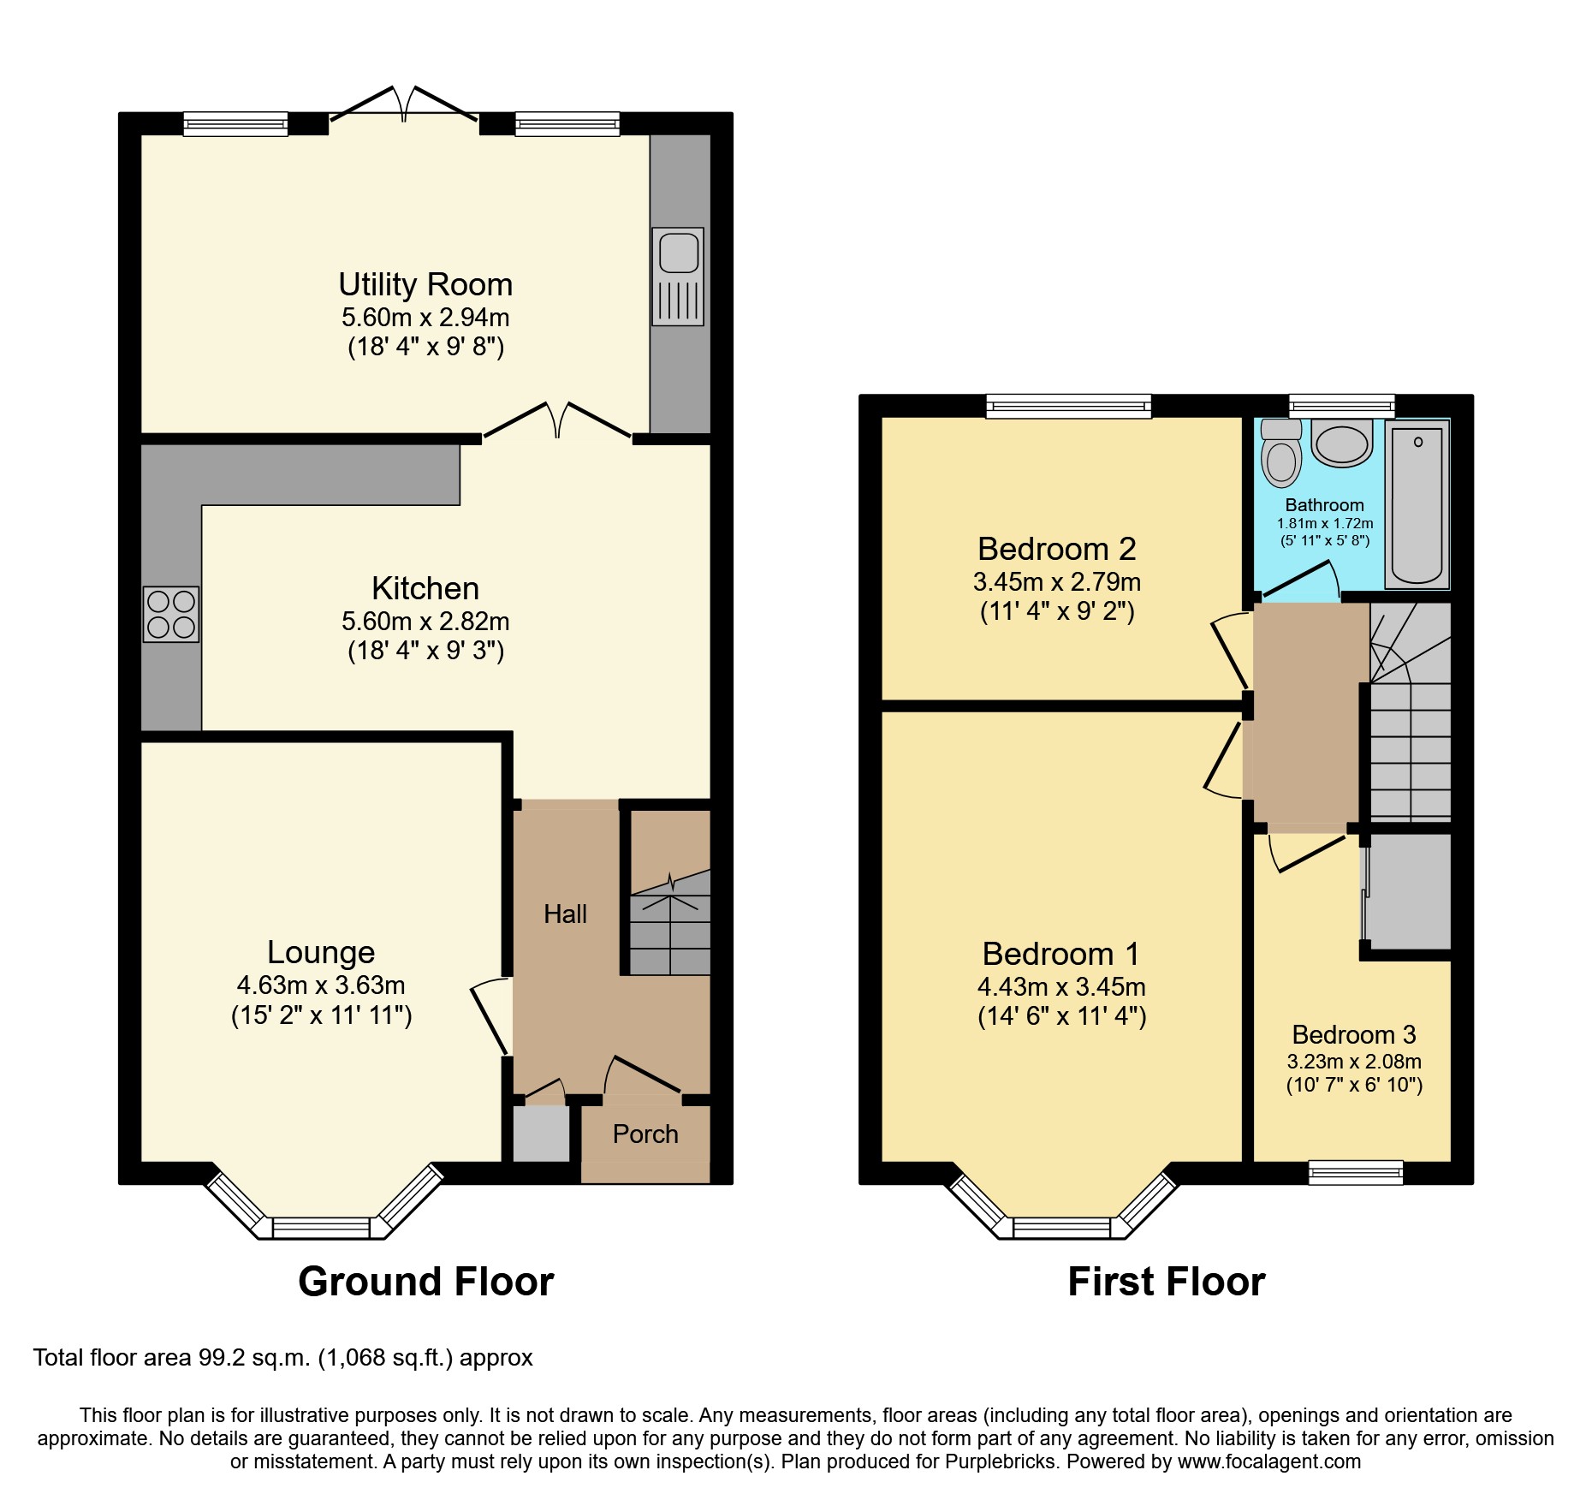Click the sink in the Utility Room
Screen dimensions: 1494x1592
678,276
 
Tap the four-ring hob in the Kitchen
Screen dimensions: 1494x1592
171,614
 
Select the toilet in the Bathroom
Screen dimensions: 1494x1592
1281,454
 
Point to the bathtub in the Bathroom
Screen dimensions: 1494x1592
1417,505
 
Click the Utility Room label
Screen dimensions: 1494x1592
425,284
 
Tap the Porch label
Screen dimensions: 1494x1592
645,1134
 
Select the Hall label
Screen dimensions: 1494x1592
565,914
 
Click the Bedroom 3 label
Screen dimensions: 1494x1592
1353,1034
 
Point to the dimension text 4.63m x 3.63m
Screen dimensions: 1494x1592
321,985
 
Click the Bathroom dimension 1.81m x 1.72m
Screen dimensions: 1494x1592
1324,523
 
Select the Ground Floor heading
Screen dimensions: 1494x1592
425,1282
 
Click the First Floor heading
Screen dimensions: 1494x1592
1166,1282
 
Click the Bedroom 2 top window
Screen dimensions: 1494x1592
1068,406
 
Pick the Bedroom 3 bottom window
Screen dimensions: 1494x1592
1356,1172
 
